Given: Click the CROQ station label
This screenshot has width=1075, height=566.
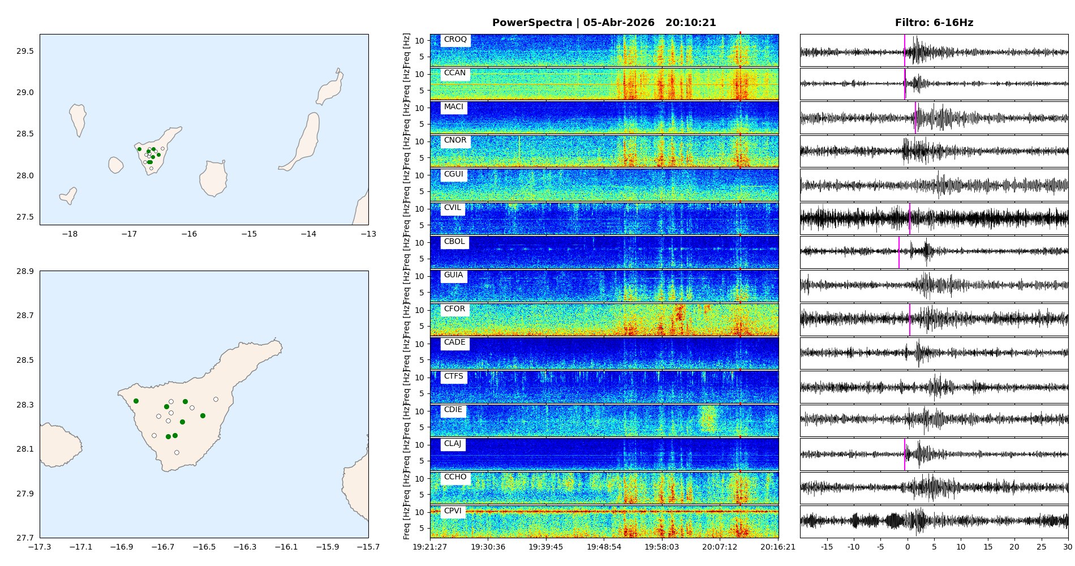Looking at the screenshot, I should [x=455, y=40].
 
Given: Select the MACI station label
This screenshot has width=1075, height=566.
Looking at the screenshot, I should [x=453, y=107].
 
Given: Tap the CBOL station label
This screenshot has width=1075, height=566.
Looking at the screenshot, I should [x=454, y=242].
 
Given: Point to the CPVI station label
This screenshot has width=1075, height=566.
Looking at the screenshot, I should [x=453, y=511].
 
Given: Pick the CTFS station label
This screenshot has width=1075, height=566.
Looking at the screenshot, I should [x=453, y=376].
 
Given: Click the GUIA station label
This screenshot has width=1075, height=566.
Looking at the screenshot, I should [x=453, y=275].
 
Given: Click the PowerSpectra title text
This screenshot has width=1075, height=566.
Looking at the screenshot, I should [x=604, y=23].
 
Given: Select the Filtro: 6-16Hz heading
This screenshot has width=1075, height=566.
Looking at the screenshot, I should [x=934, y=23].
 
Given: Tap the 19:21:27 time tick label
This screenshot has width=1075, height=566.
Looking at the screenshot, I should [x=430, y=547].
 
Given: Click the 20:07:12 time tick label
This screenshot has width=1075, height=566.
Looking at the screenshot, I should [x=720, y=547].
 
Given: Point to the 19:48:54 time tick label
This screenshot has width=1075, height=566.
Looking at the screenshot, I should [x=604, y=547].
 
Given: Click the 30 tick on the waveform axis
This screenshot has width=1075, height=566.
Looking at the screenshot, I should [x=1067, y=547].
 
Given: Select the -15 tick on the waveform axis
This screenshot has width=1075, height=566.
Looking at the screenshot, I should [x=827, y=547].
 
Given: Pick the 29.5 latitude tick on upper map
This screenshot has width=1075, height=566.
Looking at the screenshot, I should [x=25, y=51].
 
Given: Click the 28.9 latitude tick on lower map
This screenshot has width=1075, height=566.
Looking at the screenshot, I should [x=25, y=271].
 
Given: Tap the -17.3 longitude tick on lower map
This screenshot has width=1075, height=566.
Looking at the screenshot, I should [x=40, y=547].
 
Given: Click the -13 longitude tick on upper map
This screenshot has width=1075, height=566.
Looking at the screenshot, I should [x=368, y=234].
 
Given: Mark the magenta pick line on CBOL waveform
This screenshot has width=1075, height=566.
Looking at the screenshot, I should [x=899, y=252].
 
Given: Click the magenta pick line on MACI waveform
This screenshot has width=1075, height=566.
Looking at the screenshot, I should [x=915, y=118].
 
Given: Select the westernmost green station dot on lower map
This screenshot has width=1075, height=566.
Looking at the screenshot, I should [x=136, y=401].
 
